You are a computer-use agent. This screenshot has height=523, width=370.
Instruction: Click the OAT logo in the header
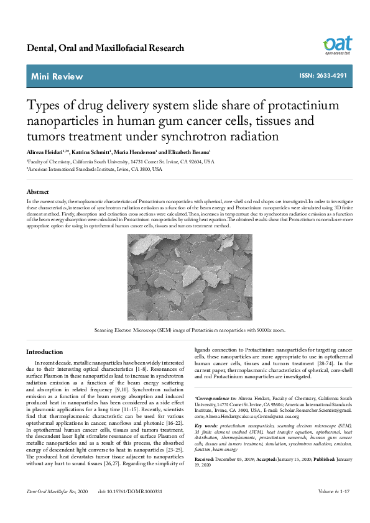click(x=337, y=45)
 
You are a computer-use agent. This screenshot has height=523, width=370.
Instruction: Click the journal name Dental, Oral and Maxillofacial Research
click(x=106, y=48)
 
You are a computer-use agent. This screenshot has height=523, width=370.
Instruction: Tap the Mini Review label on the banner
click(x=57, y=76)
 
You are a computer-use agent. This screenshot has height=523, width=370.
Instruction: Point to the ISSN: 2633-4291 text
click(x=323, y=76)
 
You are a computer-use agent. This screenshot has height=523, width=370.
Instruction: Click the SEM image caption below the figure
click(x=185, y=330)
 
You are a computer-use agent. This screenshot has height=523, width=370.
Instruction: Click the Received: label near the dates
click(x=207, y=460)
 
